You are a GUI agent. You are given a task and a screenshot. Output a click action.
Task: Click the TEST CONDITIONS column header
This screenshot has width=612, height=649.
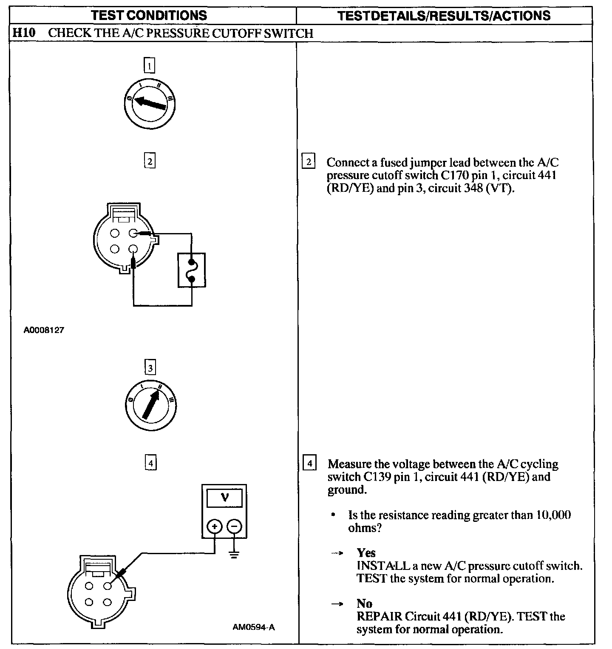tap(149, 16)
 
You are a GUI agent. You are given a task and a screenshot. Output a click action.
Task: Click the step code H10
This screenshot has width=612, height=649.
tap(24, 33)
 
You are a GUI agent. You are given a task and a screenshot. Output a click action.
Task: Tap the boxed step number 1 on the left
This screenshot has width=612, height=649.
tap(149, 66)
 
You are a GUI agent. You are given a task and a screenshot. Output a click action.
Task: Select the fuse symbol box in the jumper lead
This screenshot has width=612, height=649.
tap(191, 270)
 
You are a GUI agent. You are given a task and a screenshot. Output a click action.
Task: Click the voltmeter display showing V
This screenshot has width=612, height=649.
tap(225, 498)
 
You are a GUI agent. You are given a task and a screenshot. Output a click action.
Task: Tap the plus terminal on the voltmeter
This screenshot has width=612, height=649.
tap(215, 527)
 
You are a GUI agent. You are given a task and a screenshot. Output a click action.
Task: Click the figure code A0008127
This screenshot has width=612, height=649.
tap(44, 330)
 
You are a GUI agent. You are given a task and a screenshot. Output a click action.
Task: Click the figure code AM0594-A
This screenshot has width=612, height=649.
tap(254, 627)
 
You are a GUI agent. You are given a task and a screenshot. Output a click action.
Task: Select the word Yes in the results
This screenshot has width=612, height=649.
tap(366, 553)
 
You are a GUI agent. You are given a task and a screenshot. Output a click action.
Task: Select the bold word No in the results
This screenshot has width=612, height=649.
tap(365, 603)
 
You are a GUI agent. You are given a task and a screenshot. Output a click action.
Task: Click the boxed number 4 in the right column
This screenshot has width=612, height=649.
tap(309, 463)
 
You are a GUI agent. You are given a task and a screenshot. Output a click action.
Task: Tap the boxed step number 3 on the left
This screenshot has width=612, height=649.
tap(150, 367)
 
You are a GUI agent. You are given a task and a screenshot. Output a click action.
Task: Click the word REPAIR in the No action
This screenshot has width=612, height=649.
tap(379, 616)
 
